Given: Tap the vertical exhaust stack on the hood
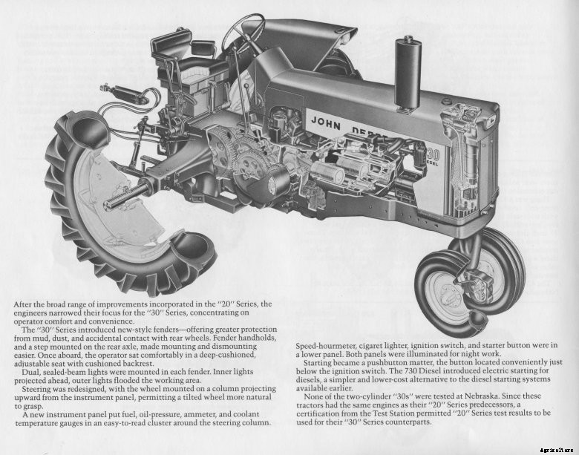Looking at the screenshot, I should pyautogui.click(x=408, y=71).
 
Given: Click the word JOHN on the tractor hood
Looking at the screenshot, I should pyautogui.click(x=325, y=121).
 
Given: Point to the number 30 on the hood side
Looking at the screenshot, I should pyautogui.click(x=434, y=154).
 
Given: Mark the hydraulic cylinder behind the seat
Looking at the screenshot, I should pyautogui.click(x=125, y=94).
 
